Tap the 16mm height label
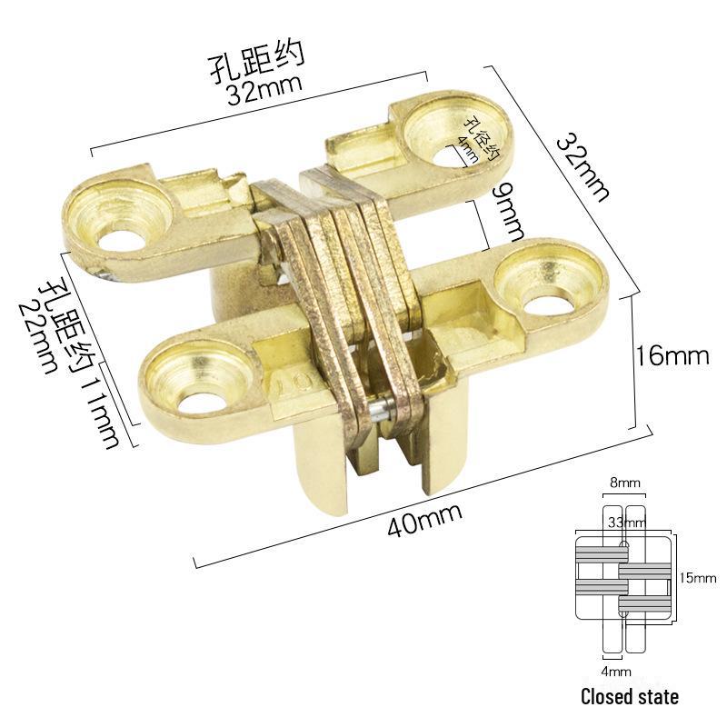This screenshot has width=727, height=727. click(x=673, y=354)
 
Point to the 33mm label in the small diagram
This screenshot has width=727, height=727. click(x=626, y=523)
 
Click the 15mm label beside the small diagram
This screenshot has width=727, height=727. click(x=697, y=577)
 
